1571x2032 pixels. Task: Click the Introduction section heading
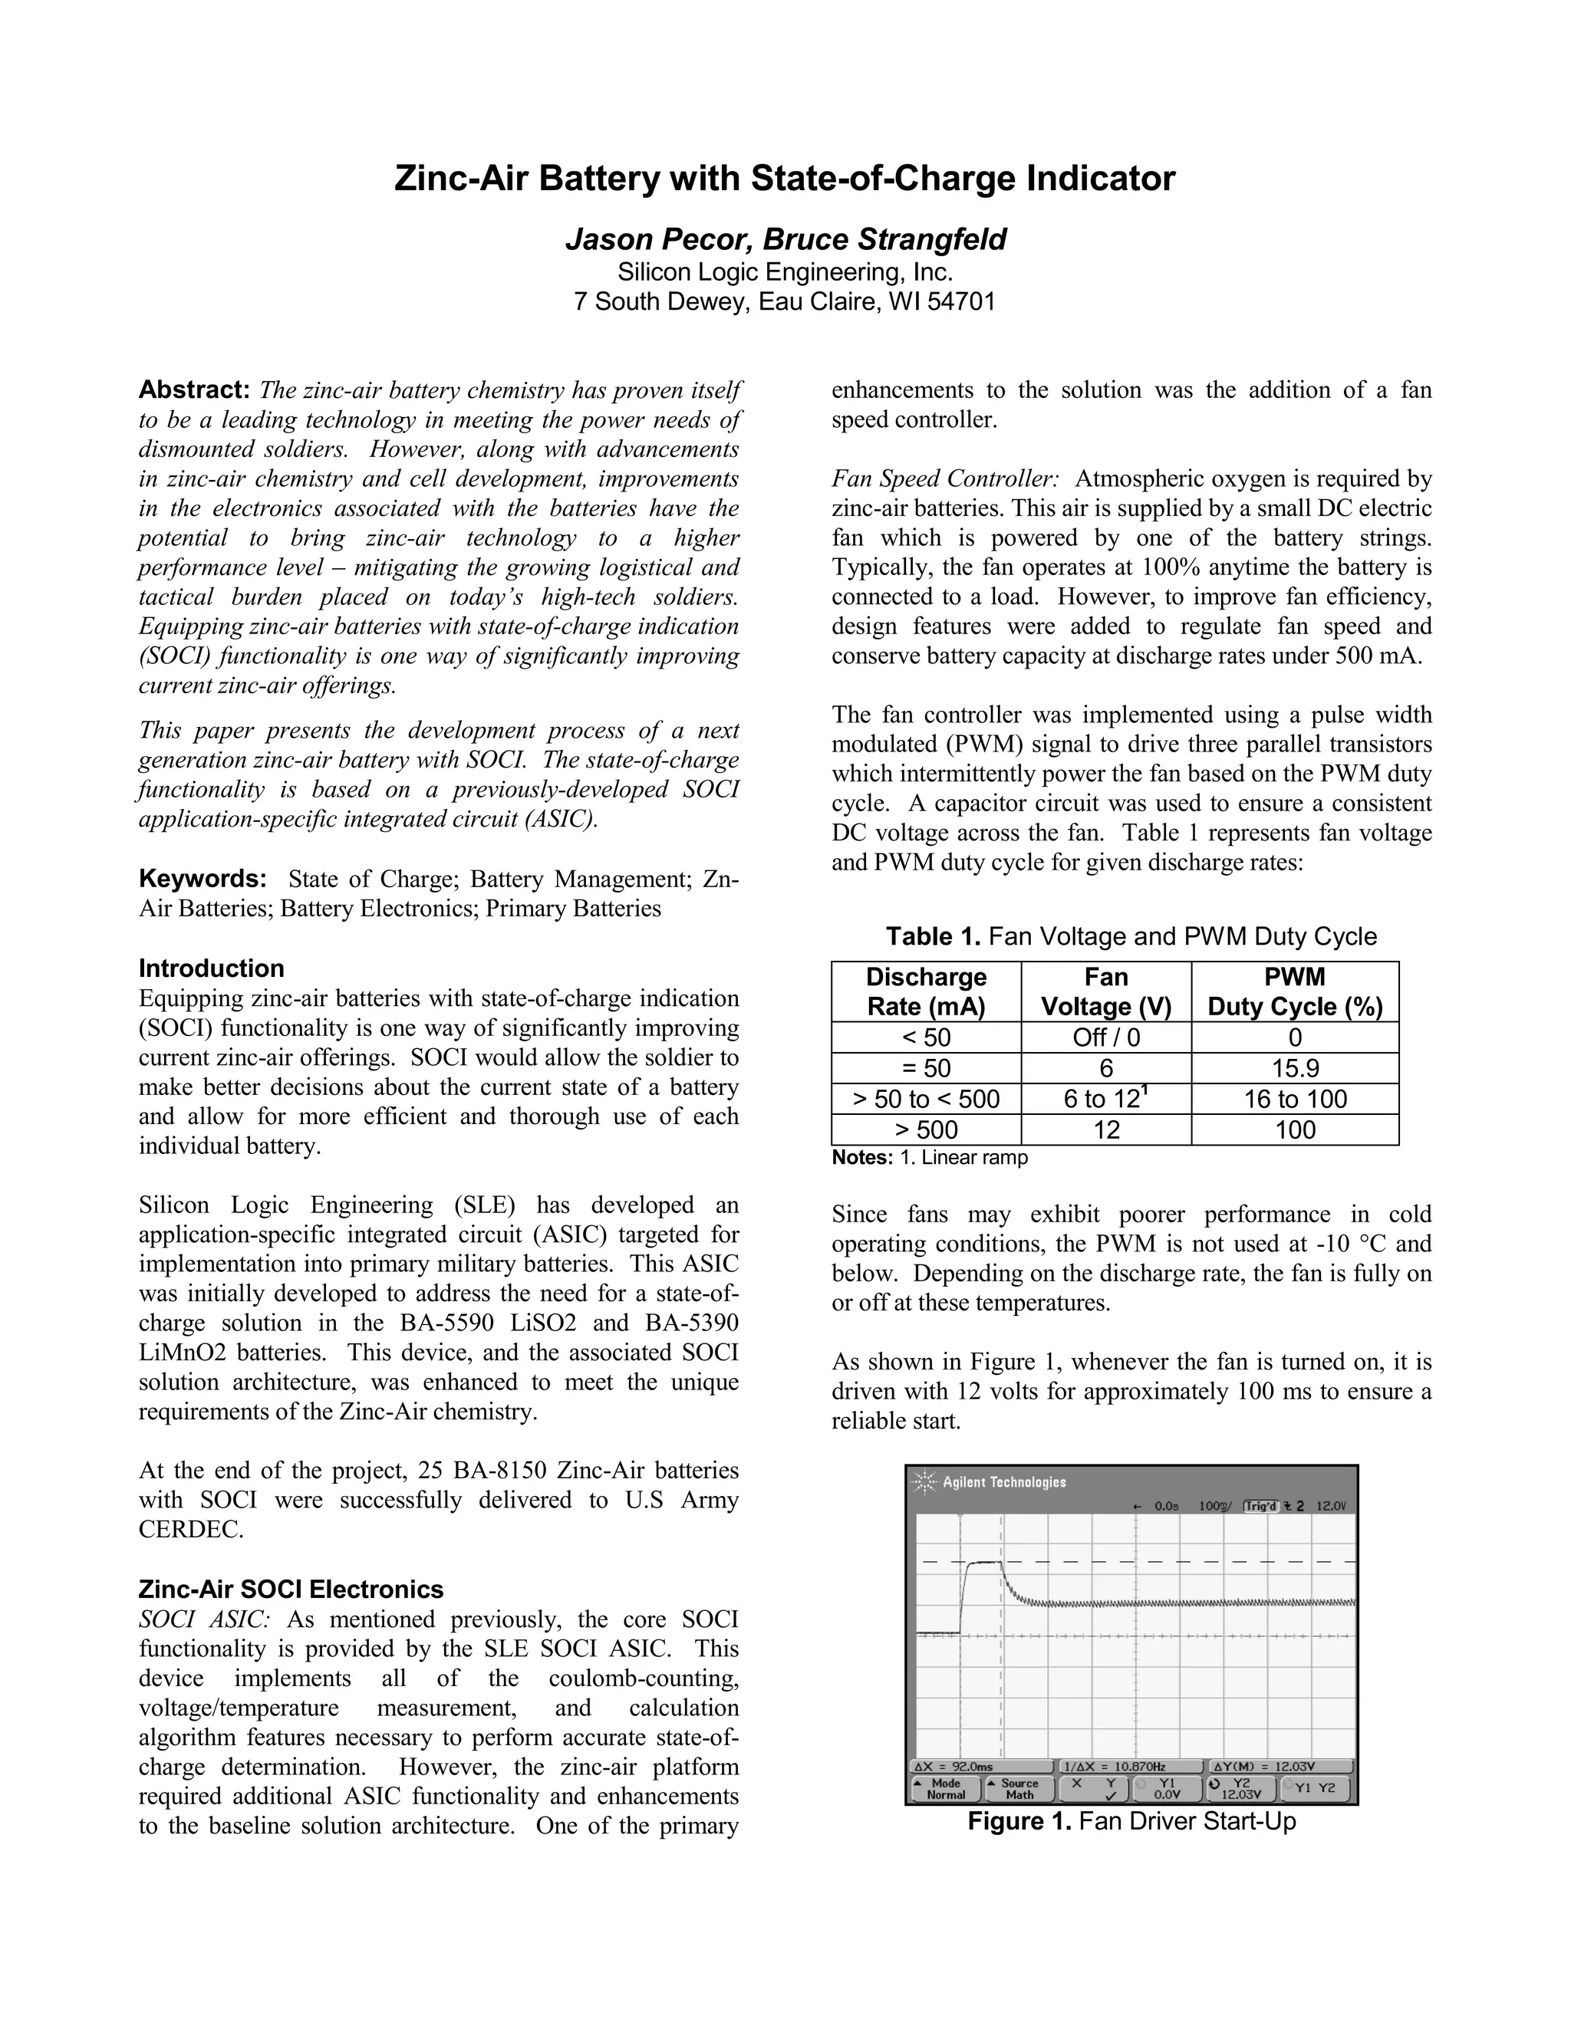pos(211,968)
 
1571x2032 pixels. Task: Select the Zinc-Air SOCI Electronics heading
pos(291,1588)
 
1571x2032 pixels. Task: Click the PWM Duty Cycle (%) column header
pos(1295,991)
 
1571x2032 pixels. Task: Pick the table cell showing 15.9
pos(1295,1068)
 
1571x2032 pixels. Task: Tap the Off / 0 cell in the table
pos(1105,1037)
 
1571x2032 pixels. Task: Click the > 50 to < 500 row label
pos(926,1099)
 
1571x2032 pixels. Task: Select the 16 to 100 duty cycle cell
pos(1295,1099)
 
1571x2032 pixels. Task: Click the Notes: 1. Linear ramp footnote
pos(929,1157)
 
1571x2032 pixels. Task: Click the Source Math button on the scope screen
pos(1018,1789)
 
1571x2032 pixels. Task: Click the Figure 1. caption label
pos(1020,1821)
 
